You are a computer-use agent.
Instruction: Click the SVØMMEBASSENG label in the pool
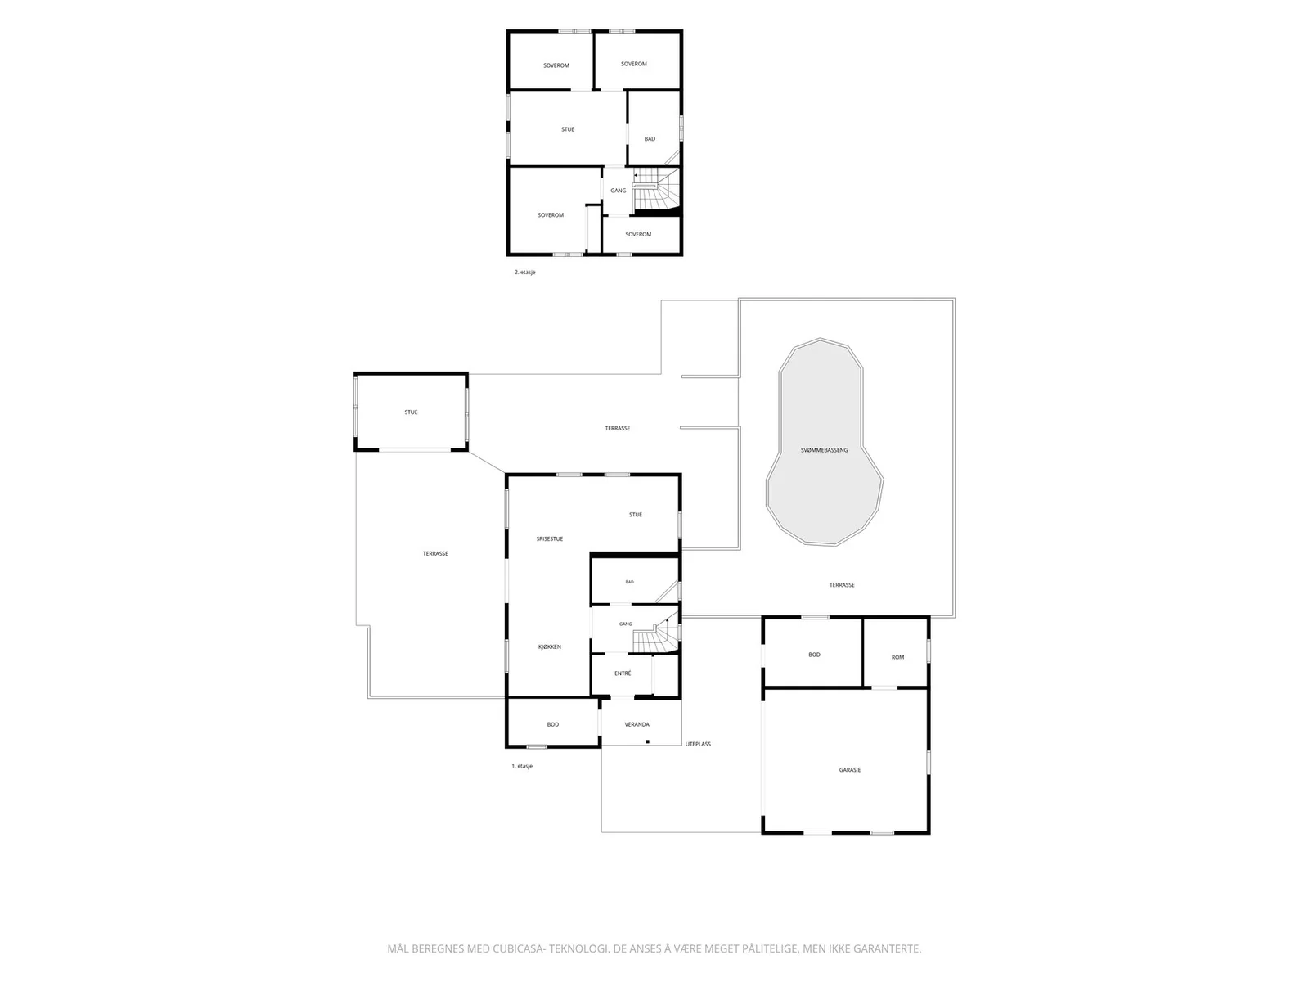click(824, 450)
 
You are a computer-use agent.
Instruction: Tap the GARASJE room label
click(849, 770)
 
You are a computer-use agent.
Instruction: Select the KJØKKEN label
click(549, 647)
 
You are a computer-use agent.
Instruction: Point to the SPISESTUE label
click(549, 539)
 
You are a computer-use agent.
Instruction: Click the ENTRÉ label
click(623, 673)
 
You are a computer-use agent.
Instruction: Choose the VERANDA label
click(637, 724)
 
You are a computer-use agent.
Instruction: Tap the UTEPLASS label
click(698, 744)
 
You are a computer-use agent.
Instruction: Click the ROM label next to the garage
click(897, 657)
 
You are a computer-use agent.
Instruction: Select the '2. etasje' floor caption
click(524, 273)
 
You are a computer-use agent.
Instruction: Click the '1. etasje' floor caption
click(522, 766)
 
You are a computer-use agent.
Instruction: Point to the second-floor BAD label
click(650, 139)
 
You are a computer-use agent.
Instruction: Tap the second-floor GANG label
click(618, 191)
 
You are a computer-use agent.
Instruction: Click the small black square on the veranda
click(647, 741)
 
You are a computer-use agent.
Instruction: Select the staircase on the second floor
click(656, 190)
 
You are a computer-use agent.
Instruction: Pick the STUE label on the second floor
click(567, 129)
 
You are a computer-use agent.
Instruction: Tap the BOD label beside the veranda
click(553, 724)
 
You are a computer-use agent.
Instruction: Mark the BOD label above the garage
click(814, 655)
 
